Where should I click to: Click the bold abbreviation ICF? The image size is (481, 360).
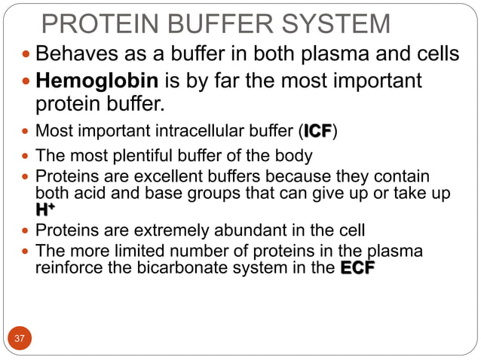pos(317,133)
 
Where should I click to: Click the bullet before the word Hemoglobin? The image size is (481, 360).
pos(29,81)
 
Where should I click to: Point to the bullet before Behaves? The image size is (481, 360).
pos(29,55)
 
